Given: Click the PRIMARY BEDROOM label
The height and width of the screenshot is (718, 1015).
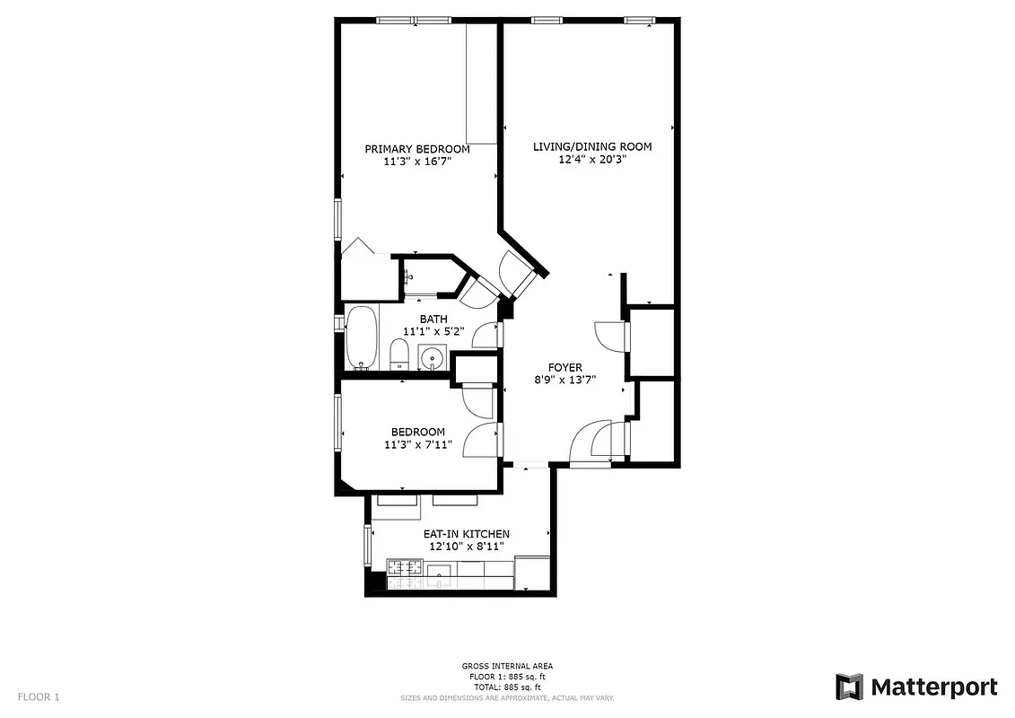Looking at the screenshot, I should (416, 149).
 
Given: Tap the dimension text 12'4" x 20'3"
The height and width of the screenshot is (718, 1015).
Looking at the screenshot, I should (591, 159).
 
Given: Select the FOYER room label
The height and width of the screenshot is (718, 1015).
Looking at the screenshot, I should (565, 367).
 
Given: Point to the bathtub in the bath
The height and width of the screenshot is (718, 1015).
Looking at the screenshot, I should (362, 337).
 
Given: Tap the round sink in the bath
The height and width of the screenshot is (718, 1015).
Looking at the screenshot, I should (433, 356).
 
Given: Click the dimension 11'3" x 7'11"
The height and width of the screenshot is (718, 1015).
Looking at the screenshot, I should (417, 443).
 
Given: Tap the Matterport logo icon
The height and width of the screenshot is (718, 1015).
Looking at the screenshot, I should (849, 687).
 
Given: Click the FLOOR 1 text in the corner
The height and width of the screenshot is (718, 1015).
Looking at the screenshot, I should (39, 696).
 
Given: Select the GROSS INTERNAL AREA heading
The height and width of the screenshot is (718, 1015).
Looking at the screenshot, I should (507, 666).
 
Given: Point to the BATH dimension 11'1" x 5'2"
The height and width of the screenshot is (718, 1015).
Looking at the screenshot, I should (433, 331).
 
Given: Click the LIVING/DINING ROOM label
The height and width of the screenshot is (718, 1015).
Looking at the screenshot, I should (591, 146).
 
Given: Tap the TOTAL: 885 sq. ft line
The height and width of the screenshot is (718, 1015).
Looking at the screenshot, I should (507, 687).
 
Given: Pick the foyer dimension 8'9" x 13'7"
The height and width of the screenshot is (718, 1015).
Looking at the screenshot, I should (565, 380).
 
